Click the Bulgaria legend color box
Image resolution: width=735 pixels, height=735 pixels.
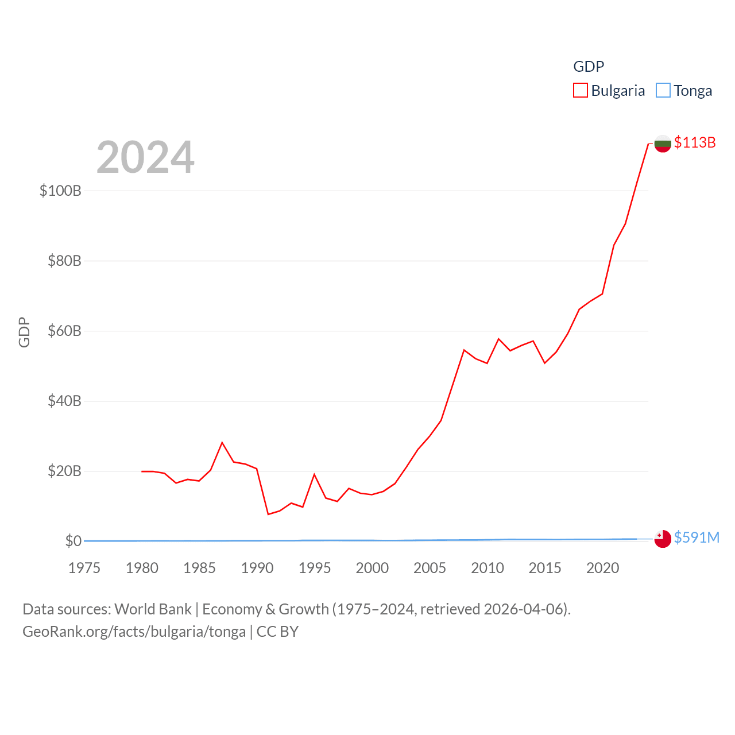point(581,91)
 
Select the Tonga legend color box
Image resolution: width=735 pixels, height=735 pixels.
point(663,91)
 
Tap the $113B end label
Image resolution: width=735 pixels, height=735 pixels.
point(695,142)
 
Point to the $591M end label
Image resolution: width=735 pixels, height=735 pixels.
point(697,537)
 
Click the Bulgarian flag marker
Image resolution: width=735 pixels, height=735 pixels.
point(663,144)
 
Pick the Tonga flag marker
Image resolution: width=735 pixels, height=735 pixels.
point(663,539)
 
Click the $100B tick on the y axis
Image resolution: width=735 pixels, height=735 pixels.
point(60,191)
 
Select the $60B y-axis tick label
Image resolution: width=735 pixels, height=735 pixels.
point(64,331)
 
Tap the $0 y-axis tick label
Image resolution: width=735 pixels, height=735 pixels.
point(73,541)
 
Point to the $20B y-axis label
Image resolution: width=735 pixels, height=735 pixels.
point(64,471)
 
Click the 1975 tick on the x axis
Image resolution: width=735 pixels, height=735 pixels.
point(84,568)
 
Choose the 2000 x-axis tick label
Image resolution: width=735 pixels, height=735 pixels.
point(372,568)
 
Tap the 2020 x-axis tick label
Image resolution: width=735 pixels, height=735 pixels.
point(602,568)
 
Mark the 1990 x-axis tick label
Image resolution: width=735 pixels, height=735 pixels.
point(257,568)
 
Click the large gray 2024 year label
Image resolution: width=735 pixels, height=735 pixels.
point(145,157)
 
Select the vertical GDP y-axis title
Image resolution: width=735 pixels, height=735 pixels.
point(24,332)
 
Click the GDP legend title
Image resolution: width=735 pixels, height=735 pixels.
point(589,67)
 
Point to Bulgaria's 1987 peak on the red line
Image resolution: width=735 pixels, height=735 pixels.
point(222,443)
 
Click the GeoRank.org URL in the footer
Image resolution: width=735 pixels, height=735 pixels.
point(134,632)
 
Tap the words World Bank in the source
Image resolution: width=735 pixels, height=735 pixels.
point(153,609)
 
